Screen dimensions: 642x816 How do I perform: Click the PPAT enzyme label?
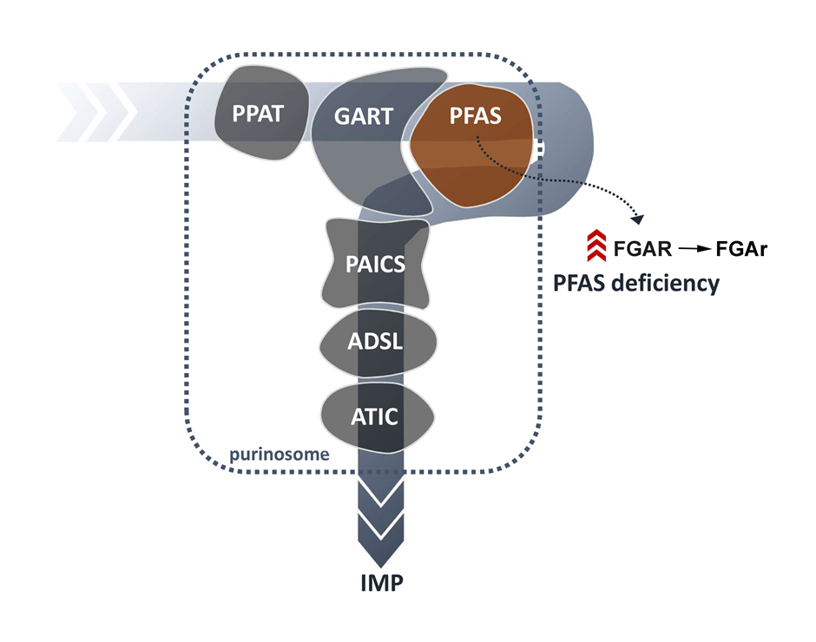258,114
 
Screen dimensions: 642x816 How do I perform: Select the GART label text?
364,116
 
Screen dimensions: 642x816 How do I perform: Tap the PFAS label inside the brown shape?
475,115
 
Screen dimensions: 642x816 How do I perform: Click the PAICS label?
376,263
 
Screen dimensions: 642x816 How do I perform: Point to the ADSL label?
375,342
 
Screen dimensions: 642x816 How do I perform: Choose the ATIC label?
375,416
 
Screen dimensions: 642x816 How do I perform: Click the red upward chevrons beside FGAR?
595,247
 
